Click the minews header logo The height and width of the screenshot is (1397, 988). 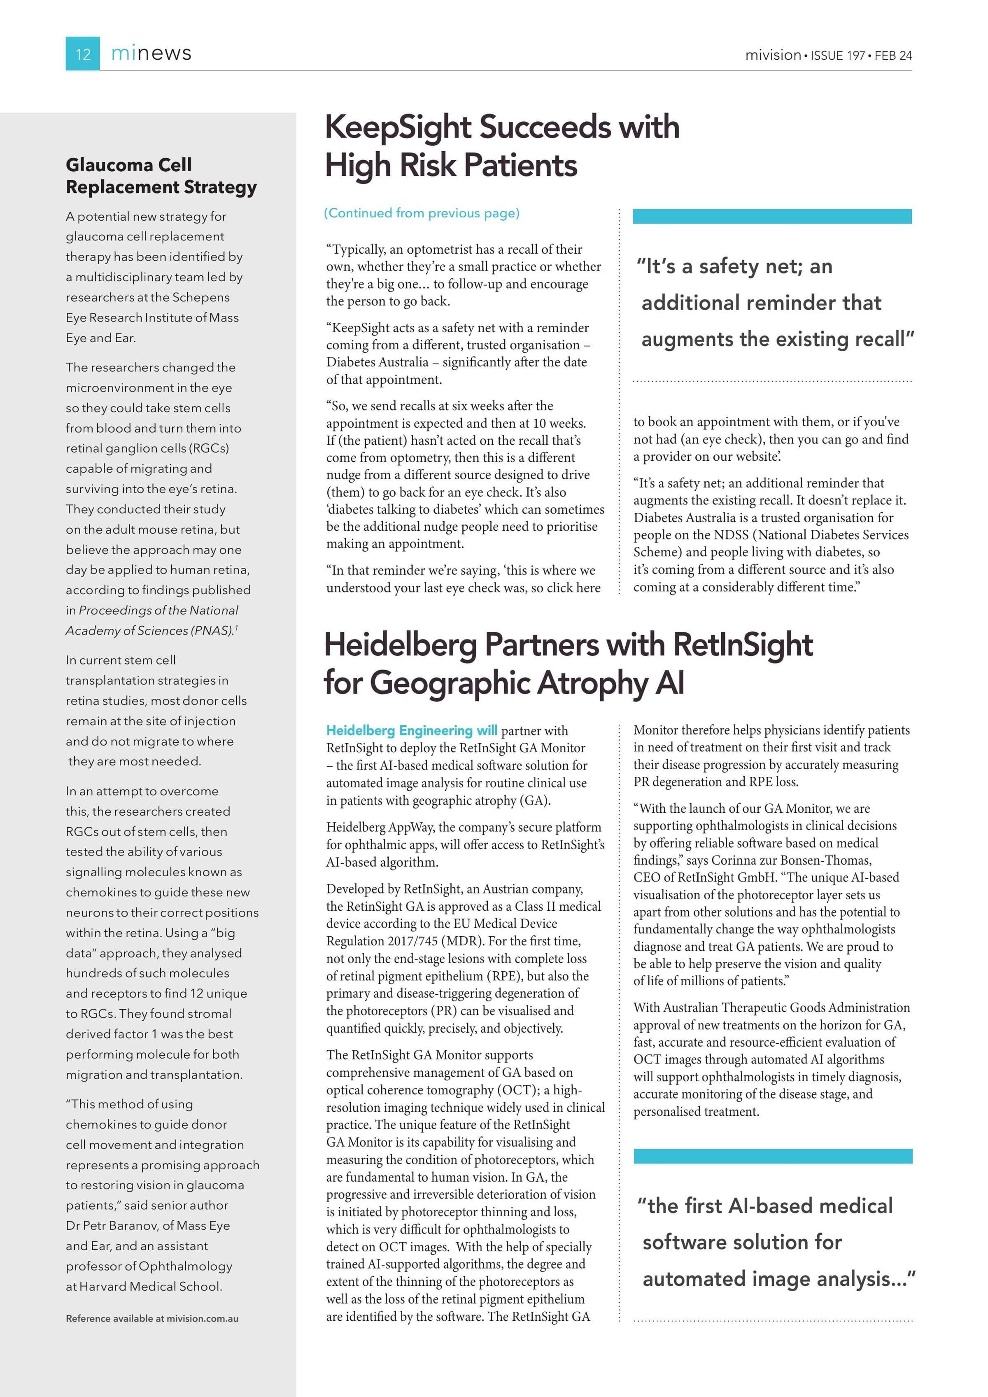pyautogui.click(x=151, y=54)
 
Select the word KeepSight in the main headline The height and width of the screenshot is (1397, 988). pyautogui.click(x=398, y=127)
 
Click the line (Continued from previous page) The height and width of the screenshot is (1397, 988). pyautogui.click(x=422, y=213)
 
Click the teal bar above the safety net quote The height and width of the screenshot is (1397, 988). pyautogui.click(x=772, y=216)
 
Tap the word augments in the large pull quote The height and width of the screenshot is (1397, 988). pyautogui.click(x=687, y=339)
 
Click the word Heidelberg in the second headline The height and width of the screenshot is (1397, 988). pyautogui.click(x=400, y=644)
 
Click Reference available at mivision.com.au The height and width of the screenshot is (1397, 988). pyautogui.click(x=152, y=1318)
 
